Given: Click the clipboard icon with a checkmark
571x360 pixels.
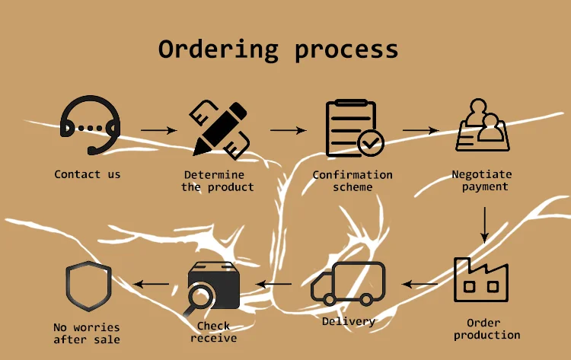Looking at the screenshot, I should (x=352, y=127).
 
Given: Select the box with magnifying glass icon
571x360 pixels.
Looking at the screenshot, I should (x=212, y=288).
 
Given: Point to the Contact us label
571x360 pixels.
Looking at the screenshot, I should (x=88, y=174).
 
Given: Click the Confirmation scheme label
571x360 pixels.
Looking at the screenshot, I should (x=352, y=180).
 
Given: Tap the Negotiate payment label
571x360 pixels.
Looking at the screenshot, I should (x=482, y=180).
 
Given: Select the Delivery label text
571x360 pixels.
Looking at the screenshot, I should (x=348, y=321).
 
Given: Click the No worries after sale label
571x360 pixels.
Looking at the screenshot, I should (x=87, y=333).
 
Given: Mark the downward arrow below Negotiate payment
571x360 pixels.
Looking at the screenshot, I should (x=483, y=225).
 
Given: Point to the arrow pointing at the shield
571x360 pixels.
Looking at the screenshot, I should (x=152, y=285).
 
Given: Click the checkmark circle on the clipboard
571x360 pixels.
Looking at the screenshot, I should (x=372, y=142).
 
